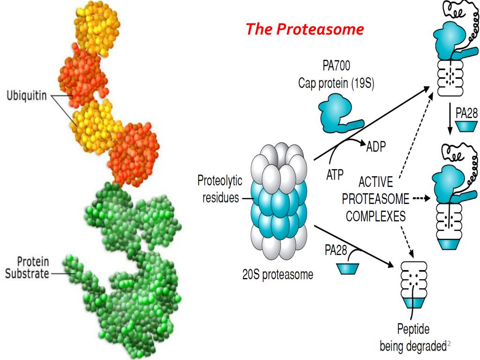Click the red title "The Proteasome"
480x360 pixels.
point(305,30)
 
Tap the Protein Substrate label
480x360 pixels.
point(27,267)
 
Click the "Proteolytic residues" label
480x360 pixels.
point(220,189)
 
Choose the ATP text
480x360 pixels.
point(335,175)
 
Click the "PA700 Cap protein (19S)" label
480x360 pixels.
point(336,76)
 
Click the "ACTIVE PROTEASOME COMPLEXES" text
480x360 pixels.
point(375,199)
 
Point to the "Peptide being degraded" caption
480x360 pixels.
point(413,337)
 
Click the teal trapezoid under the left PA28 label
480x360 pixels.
point(348,269)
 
